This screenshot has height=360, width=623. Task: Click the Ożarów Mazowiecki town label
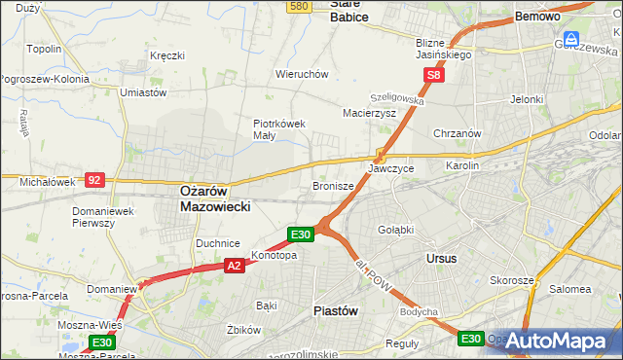coord(216,199)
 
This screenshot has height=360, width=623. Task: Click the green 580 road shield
coord(300,7)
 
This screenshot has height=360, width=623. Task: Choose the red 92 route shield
coord(94,179)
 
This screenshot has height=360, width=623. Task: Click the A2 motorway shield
coord(234,265)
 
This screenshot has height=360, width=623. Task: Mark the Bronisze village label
coord(332,185)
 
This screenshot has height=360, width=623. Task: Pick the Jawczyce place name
coord(391,168)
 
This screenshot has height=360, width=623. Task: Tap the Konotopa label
coord(274,256)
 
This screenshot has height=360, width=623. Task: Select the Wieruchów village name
coord(302,74)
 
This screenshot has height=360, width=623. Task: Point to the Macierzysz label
coord(369,113)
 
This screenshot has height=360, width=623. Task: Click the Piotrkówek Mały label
coord(280,130)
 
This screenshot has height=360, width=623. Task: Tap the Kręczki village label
coord(166,55)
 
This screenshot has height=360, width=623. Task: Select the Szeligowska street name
coord(396,99)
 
